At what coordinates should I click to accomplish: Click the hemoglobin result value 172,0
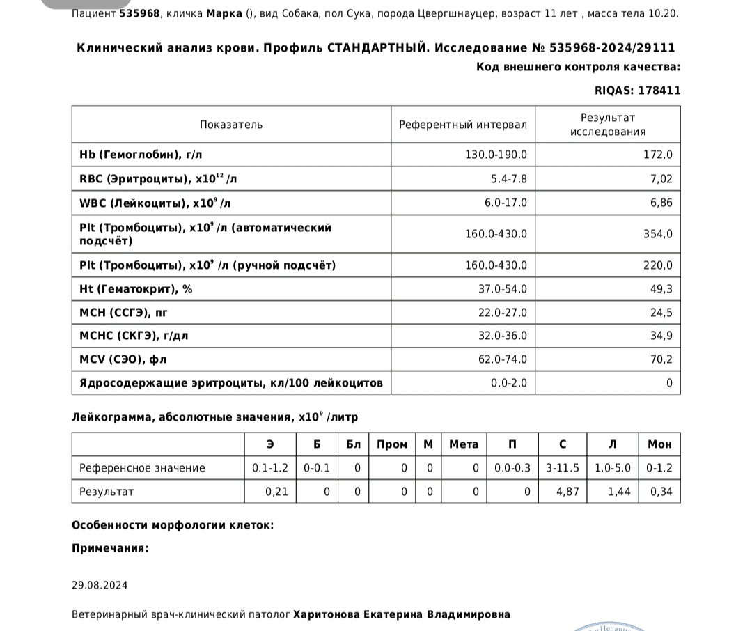coord(658,155)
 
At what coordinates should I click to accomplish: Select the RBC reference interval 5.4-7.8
coord(509,179)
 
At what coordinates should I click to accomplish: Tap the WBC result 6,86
coord(660,203)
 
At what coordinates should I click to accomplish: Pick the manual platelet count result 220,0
coord(658,265)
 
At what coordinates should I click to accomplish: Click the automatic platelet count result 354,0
coord(658,234)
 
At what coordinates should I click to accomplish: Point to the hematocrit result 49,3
coord(661,289)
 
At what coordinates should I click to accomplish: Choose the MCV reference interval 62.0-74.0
coord(496,359)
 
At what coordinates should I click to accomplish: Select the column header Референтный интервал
coord(462,125)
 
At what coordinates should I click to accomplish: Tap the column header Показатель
coord(231,125)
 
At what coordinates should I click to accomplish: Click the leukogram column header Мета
coord(464,444)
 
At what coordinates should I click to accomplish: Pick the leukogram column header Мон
coord(659,444)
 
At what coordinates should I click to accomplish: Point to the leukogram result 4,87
coord(567,492)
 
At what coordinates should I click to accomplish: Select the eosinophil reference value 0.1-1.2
coord(269,468)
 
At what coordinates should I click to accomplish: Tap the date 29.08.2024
coord(100,585)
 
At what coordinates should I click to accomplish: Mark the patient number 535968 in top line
coord(141,13)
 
